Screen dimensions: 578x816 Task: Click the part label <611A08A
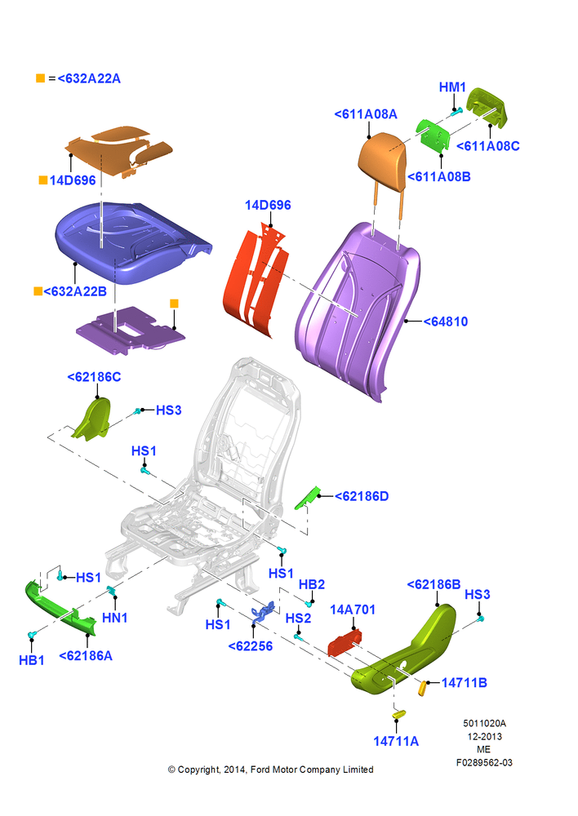pos(366,114)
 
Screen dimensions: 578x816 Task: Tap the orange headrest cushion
pos(382,161)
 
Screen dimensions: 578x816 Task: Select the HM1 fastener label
pos(452,87)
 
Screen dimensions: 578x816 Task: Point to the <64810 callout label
pos(445,322)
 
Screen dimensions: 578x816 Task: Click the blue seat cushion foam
pos(130,242)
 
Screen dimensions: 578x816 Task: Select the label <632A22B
pos(75,291)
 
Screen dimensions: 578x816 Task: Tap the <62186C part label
pos(94,377)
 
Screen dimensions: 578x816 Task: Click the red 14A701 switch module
pos(345,643)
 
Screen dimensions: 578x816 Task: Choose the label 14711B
pos(464,683)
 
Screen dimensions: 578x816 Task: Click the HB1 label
pos(31,660)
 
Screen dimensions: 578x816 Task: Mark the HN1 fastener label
pos(114,618)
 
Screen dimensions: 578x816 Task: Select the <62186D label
pos(362,496)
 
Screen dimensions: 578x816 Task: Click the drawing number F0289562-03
pos(484,762)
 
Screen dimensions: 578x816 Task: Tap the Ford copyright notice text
pos(270,769)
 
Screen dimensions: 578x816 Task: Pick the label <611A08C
pos(488,146)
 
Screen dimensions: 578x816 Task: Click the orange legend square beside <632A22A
pos(41,78)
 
